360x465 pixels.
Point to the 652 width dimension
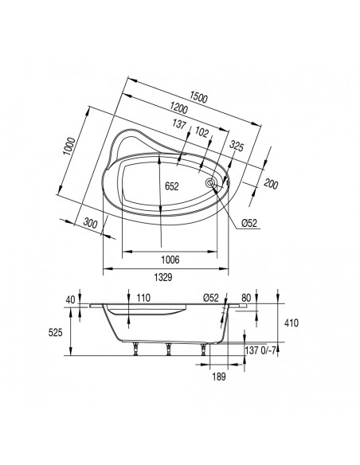coord(172,186)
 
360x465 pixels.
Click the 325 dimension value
coord(237,147)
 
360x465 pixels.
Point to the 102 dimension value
coord(203,133)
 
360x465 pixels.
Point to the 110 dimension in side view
coord(143,297)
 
